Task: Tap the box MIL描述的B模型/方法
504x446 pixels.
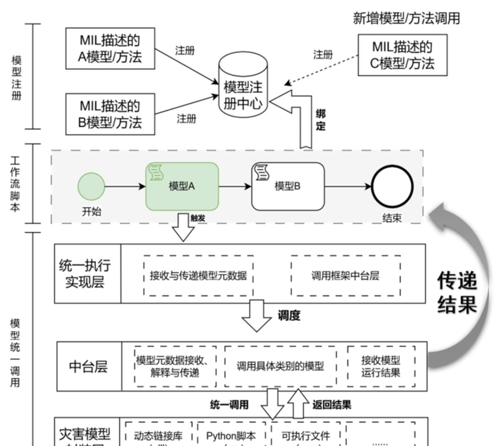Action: [110, 114]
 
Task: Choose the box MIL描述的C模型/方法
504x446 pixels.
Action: [402, 55]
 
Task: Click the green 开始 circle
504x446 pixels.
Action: [91, 186]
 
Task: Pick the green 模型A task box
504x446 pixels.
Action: [182, 186]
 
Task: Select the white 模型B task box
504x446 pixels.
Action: [288, 186]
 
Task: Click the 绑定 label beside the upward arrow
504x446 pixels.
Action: [321, 120]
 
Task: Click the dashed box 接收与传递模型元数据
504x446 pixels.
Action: [198, 276]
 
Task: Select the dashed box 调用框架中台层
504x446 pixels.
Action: [345, 276]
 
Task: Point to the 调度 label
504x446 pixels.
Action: [289, 315]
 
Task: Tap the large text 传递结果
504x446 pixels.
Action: [457, 293]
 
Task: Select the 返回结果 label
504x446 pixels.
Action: [331, 404]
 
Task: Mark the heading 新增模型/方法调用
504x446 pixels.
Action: [406, 18]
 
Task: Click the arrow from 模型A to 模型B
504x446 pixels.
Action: [235, 186]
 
